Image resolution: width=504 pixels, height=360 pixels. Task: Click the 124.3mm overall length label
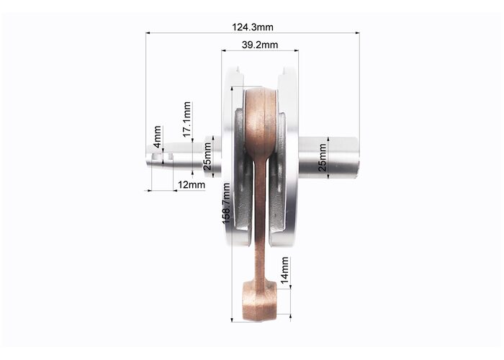click(253, 27)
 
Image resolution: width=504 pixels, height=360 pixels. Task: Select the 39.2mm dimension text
click(260, 45)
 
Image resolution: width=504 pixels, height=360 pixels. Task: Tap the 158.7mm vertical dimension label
click(226, 204)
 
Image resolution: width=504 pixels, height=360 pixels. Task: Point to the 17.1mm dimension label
click(187, 120)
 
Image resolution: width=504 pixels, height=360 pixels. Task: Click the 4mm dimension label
click(157, 137)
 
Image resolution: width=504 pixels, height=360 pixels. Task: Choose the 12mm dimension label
click(192, 185)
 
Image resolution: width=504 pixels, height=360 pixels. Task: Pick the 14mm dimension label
click(284, 270)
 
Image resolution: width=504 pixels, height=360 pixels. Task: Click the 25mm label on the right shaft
click(322, 157)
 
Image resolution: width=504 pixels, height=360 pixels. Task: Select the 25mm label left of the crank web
click(207, 156)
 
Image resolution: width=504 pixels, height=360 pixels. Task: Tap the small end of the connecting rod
click(258, 301)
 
